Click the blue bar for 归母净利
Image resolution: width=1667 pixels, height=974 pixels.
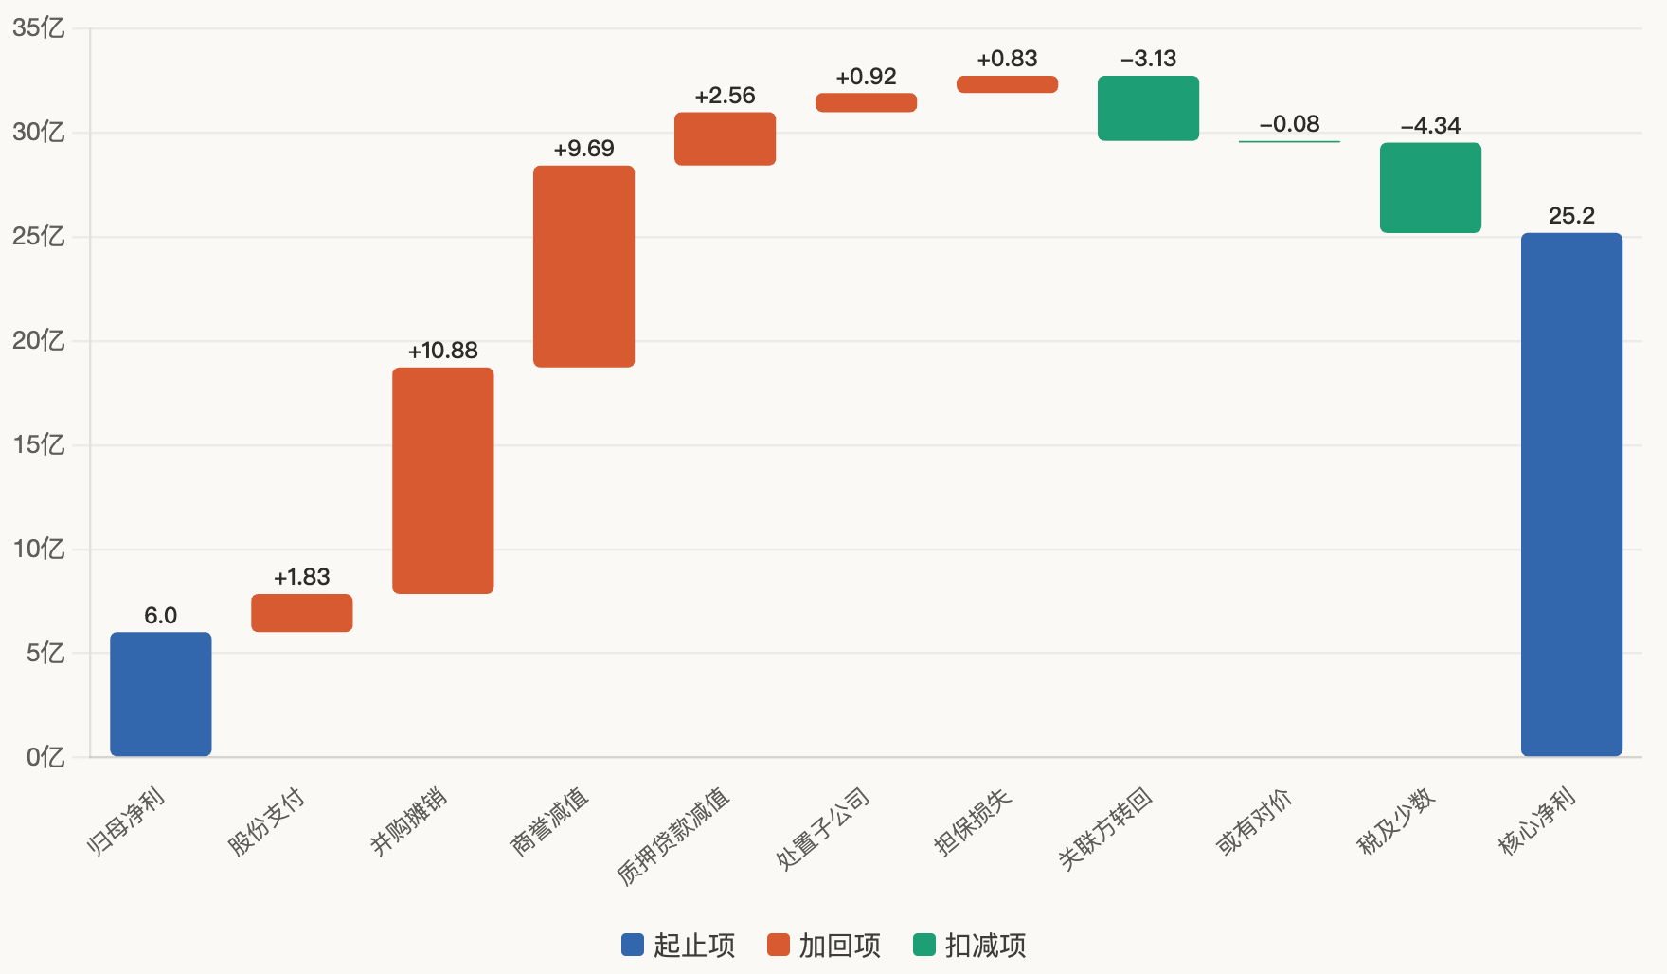click(160, 694)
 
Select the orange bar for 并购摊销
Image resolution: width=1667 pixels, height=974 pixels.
click(442, 480)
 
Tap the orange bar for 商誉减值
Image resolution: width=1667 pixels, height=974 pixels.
click(583, 266)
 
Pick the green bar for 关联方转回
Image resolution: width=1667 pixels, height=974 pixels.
click(1148, 108)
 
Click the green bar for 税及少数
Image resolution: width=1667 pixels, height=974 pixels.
click(1430, 188)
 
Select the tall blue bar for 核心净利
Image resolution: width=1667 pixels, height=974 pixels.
click(1571, 494)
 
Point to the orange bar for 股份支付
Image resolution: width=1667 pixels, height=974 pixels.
click(301, 613)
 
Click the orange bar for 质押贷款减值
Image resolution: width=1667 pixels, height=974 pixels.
click(725, 139)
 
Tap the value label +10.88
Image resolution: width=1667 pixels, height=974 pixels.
click(442, 351)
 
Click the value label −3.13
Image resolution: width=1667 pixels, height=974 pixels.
click(1148, 59)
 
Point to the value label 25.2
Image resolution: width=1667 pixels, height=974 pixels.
click(1571, 216)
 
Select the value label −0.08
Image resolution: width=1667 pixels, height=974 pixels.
click(1289, 124)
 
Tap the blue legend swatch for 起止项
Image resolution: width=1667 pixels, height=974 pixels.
click(633, 945)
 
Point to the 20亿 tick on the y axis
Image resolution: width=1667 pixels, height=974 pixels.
click(39, 341)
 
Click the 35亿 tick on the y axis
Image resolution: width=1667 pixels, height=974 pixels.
click(39, 28)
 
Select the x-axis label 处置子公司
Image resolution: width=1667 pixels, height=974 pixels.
click(823, 828)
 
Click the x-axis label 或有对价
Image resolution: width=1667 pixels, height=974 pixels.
click(1254, 821)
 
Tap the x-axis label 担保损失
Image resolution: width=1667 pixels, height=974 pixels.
click(973, 821)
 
